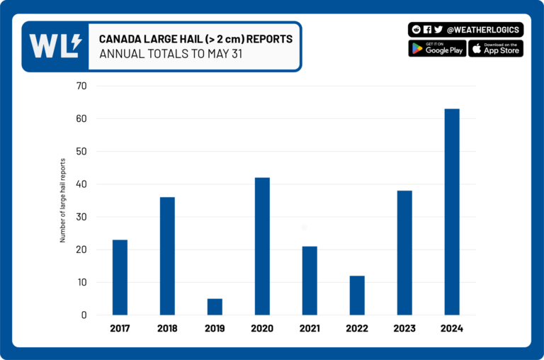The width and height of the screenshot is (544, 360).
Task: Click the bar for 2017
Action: coord(120,277)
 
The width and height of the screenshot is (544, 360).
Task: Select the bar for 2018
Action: coord(167,256)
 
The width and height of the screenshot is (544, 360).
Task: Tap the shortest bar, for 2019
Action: coord(215,307)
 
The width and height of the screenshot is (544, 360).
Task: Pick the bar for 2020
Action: coord(262,246)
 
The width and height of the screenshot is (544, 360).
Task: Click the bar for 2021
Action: coord(310,281)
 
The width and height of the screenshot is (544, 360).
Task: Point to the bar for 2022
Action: coord(357,296)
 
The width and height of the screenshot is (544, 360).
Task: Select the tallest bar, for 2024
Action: coord(452,212)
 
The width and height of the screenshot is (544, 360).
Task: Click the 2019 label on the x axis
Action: coord(215,329)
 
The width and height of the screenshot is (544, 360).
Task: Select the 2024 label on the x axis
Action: coord(452,329)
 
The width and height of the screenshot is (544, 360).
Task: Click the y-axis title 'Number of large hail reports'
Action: coord(62,201)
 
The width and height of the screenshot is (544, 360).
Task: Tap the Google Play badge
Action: coord(437,48)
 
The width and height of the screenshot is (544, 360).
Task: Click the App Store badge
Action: coord(496,48)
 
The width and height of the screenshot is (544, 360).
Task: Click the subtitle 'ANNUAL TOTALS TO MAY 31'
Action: coord(171,54)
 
